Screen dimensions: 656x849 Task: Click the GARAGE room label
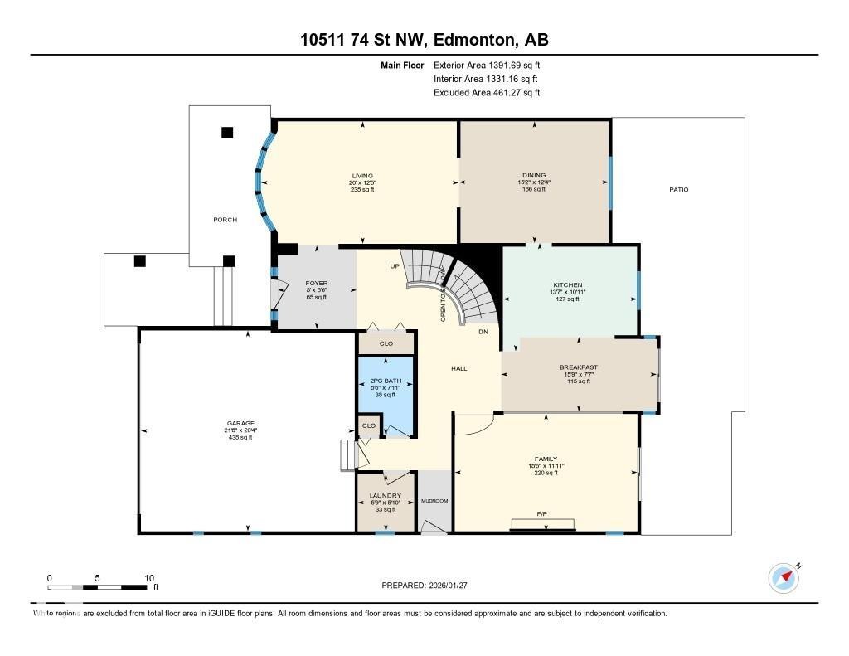[241, 423]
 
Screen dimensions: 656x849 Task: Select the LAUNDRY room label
[385, 496]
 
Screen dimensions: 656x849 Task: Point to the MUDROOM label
[434, 501]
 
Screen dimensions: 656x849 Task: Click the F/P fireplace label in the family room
[541, 514]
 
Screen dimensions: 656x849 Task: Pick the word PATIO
[678, 190]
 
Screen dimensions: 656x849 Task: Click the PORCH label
[225, 220]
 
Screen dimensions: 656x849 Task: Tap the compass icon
[784, 578]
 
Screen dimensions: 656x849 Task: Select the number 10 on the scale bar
[150, 578]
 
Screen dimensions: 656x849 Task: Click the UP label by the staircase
[395, 266]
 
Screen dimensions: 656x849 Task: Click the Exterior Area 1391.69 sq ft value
[487, 65]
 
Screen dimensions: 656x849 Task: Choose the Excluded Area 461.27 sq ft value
[487, 93]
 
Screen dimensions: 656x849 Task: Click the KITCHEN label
[568, 284]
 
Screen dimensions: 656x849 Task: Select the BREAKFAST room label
[578, 367]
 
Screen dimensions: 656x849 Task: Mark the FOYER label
[317, 284]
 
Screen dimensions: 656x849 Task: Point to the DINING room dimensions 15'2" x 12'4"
[534, 182]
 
